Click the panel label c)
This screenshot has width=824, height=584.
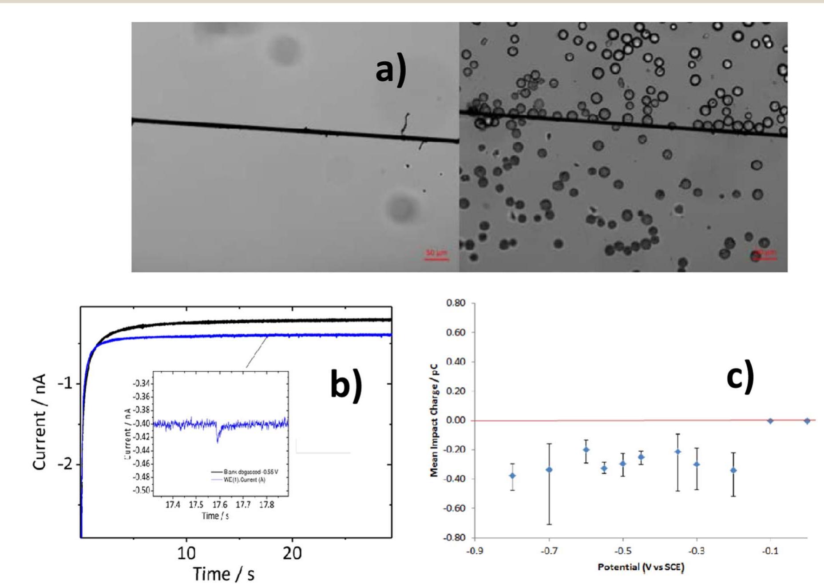click(740, 378)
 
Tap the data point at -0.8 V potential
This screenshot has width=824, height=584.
click(513, 476)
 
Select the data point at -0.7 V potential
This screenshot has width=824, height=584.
click(549, 469)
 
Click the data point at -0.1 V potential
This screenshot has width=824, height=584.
click(770, 421)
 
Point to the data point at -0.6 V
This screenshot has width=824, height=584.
click(586, 449)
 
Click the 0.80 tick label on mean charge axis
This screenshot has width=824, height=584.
click(456, 303)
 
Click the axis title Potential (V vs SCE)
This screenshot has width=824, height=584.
click(641, 567)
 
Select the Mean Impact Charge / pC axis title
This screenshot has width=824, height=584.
click(434, 421)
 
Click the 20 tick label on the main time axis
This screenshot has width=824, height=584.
click(292, 553)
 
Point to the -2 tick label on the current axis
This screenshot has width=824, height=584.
click(65, 465)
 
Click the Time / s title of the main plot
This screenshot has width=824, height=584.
click(224, 573)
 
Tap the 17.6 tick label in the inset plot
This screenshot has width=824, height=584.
click(220, 505)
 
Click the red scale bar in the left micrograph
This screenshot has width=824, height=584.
click(436, 258)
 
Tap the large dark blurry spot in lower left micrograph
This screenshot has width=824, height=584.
click(402, 207)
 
